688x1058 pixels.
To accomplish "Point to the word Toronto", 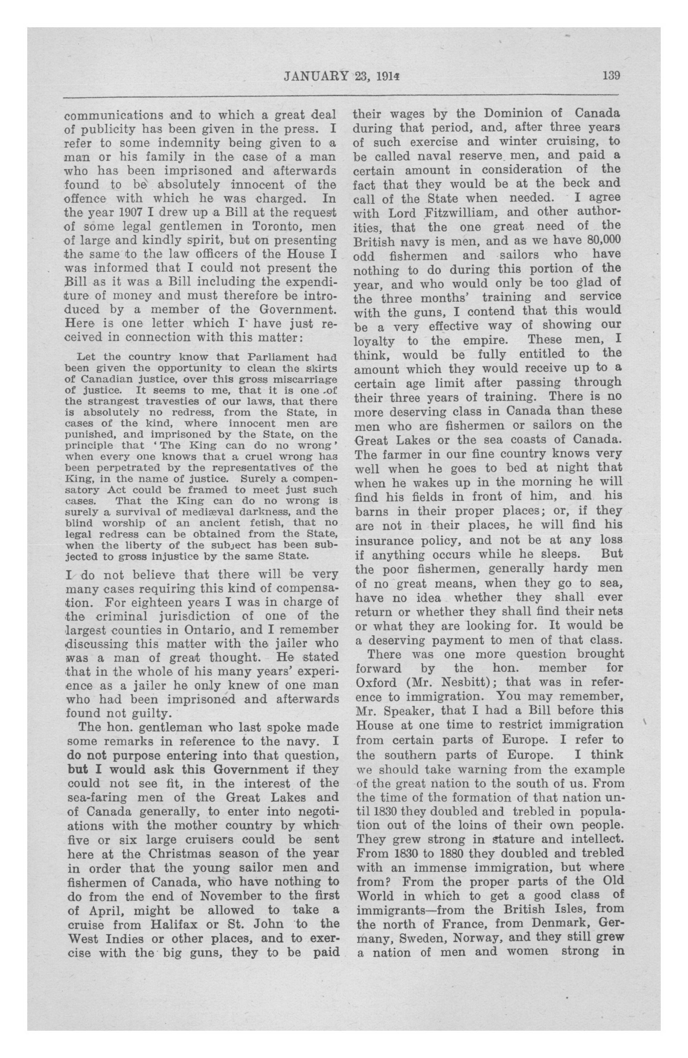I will coord(278,226).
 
